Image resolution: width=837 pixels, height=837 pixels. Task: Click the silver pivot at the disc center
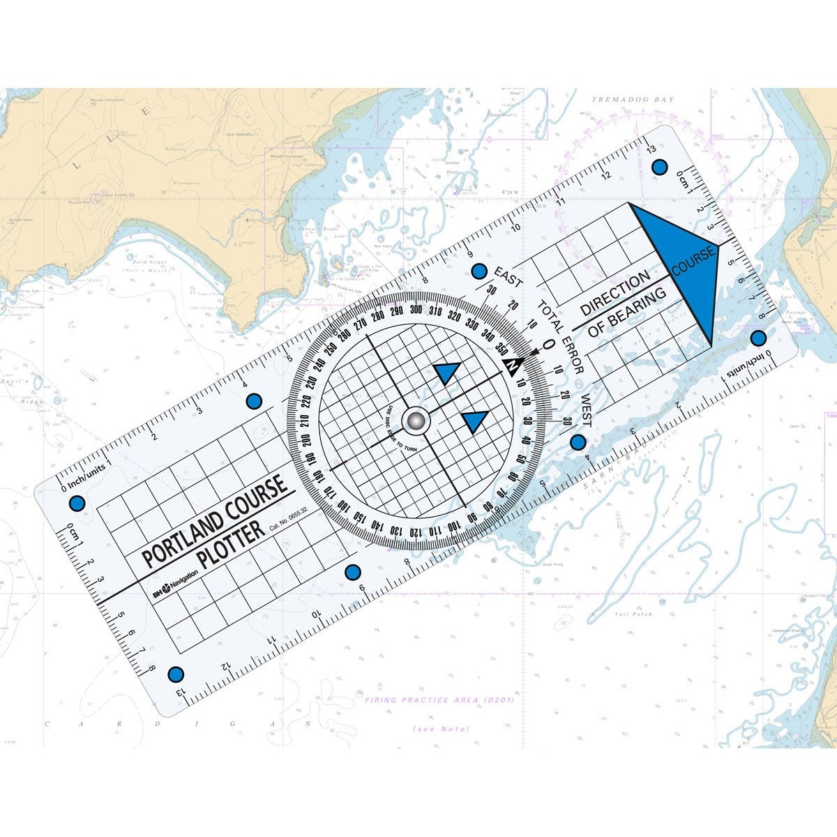pyautogui.click(x=416, y=421)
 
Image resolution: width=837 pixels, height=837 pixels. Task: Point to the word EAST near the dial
pyautogui.click(x=508, y=276)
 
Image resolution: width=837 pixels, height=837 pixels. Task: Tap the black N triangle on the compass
pyautogui.click(x=513, y=365)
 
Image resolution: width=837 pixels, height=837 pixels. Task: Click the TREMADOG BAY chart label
pyautogui.click(x=633, y=100)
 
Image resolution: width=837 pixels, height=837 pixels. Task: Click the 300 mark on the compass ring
pyautogui.click(x=416, y=310)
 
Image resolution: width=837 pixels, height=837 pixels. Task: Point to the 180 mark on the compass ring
pyautogui.click(x=318, y=476)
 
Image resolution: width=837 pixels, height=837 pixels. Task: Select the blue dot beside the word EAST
pyautogui.click(x=478, y=271)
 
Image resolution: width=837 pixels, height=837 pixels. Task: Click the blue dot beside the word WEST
pyautogui.click(x=578, y=442)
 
